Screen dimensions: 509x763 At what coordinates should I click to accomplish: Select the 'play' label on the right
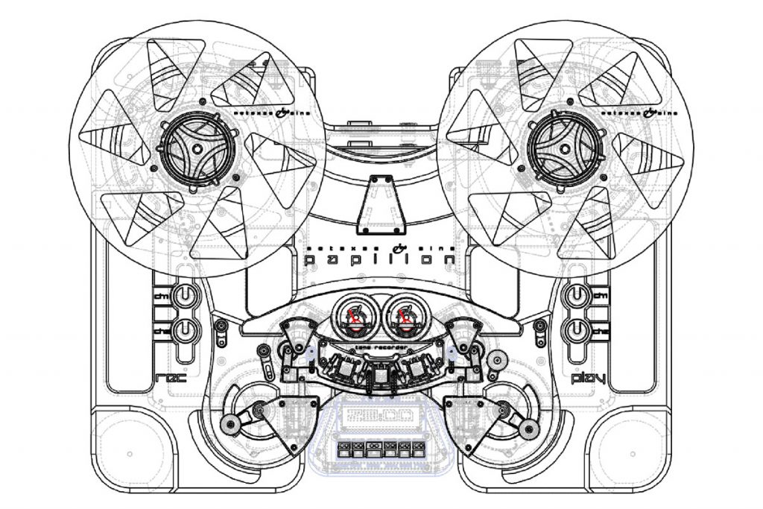pyautogui.click(x=587, y=379)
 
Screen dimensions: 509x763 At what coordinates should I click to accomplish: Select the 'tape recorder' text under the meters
pyautogui.click(x=381, y=347)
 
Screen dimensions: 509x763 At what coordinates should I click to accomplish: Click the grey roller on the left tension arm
pyautogui.click(x=232, y=426)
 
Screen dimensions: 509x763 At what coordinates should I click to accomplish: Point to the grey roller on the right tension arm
pyautogui.click(x=530, y=427)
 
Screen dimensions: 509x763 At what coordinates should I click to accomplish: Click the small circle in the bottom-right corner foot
pyautogui.click(x=634, y=454)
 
